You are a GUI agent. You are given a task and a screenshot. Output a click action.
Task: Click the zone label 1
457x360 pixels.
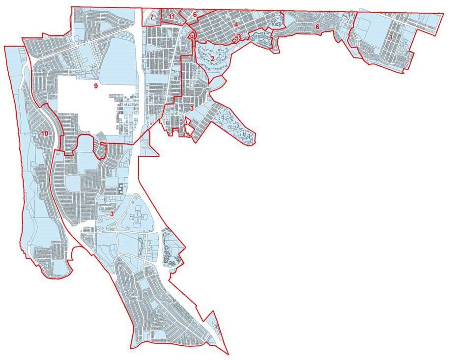tap(391, 37)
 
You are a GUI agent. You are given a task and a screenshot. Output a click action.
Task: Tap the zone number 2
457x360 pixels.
tap(212, 58)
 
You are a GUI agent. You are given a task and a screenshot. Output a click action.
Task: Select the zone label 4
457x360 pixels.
tap(236, 24)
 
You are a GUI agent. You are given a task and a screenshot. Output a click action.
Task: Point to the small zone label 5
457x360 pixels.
tap(236, 37)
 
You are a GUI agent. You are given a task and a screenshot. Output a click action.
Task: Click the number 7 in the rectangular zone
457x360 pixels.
tap(152, 17)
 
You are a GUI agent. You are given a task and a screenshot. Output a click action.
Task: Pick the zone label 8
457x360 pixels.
tap(192, 37)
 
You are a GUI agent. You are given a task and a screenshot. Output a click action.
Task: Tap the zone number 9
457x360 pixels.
tap(96, 86)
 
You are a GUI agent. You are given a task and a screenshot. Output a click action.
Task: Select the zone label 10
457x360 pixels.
tap(45, 133)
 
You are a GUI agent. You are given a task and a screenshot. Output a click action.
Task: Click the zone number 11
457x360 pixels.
tap(171, 17)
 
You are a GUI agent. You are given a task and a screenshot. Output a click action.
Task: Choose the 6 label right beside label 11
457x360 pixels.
tap(195, 14)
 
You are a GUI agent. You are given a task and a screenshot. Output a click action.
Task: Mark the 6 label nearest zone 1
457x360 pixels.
tap(317, 27)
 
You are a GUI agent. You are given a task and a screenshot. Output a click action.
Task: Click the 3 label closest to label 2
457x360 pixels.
tap(192, 108)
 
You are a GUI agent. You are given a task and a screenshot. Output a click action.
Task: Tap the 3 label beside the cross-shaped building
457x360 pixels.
tap(112, 214)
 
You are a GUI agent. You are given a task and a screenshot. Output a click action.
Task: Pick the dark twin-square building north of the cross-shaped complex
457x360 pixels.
tap(121, 188)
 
